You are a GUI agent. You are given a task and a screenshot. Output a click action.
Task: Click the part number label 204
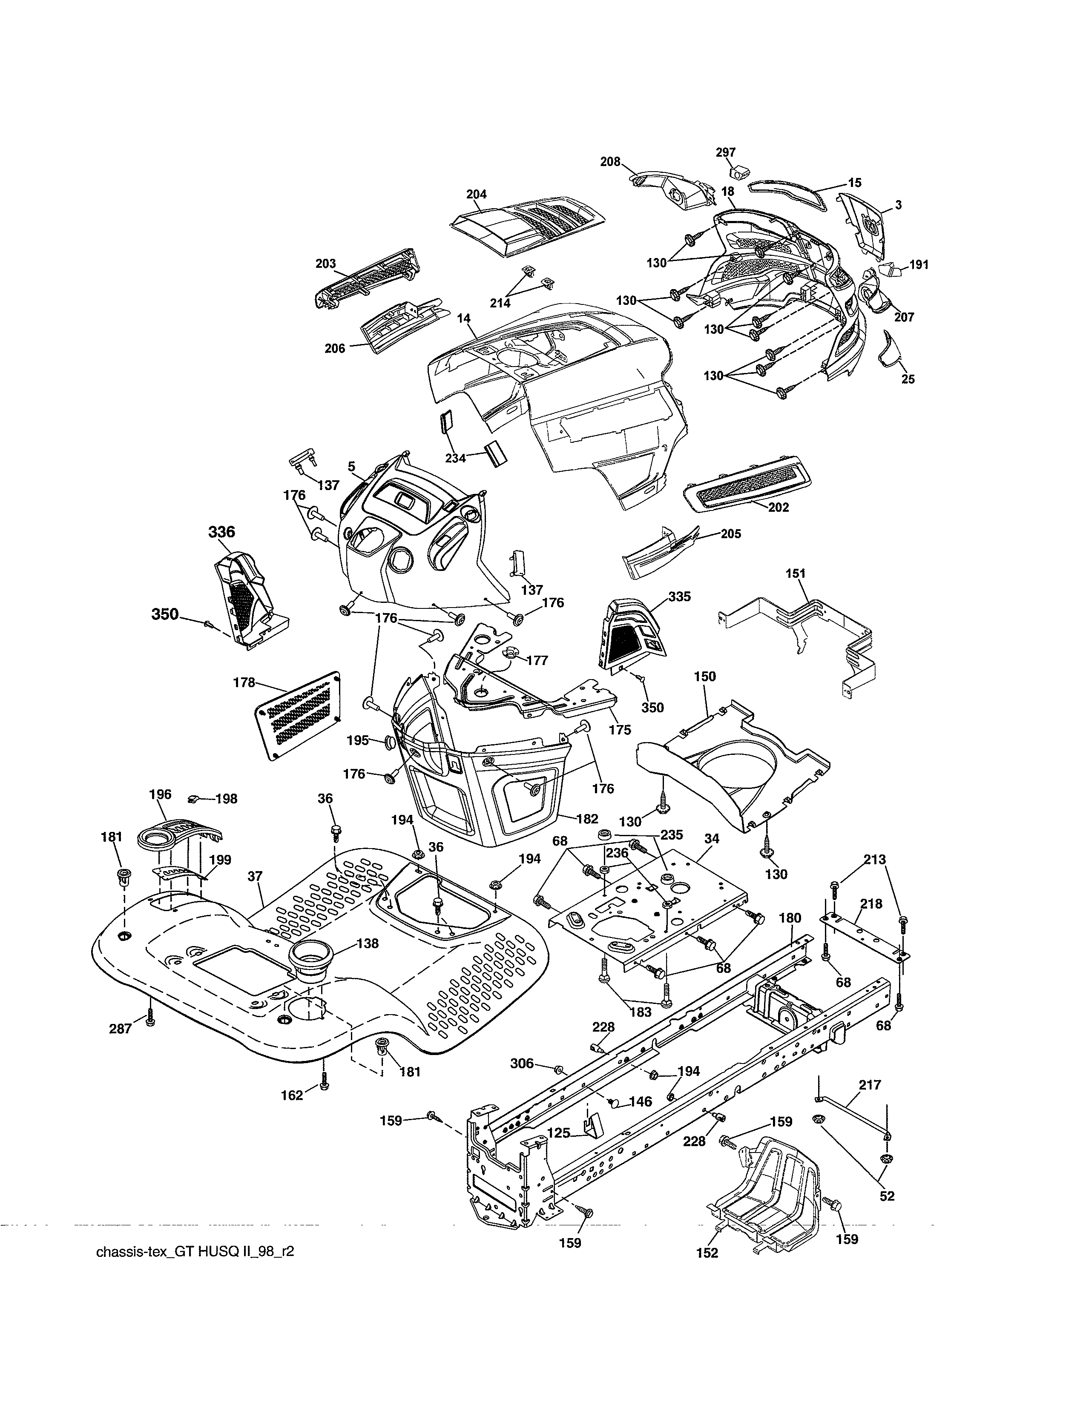tap(477, 194)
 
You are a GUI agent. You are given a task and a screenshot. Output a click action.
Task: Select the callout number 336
tap(221, 532)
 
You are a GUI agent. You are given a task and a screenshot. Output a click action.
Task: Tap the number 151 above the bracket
tap(795, 573)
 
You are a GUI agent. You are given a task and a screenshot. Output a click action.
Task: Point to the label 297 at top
tap(726, 152)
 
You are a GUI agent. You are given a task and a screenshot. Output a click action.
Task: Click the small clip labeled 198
tap(191, 798)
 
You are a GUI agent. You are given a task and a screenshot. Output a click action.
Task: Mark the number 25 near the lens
tap(908, 379)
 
